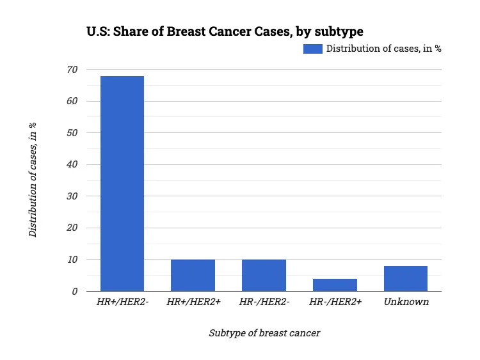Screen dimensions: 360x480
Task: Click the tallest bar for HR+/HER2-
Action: pos(122,184)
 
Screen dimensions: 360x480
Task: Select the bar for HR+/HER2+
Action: pos(193,276)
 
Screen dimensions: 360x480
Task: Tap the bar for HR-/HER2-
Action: pos(264,276)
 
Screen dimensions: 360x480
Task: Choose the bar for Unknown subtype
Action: pos(406,279)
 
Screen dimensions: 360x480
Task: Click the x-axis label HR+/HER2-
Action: pos(122,302)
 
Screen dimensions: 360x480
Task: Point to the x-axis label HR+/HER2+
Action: pos(193,302)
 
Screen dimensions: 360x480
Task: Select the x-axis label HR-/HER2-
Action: pos(264,302)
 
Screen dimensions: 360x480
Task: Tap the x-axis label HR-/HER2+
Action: pos(335,302)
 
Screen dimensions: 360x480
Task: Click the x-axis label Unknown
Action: pos(406,302)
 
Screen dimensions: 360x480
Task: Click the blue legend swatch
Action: pos(312,49)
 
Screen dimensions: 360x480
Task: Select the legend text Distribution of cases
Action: pos(383,49)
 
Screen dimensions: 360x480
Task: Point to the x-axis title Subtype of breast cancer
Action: pos(264,333)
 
